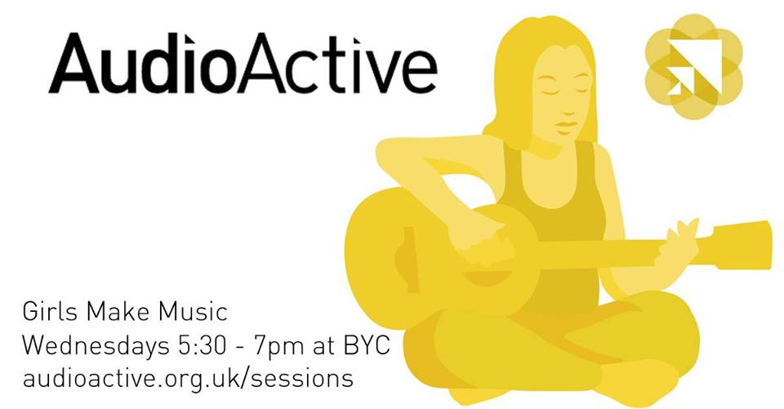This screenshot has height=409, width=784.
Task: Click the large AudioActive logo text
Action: point(243,64)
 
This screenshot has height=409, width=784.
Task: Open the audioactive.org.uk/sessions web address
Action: point(188,379)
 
